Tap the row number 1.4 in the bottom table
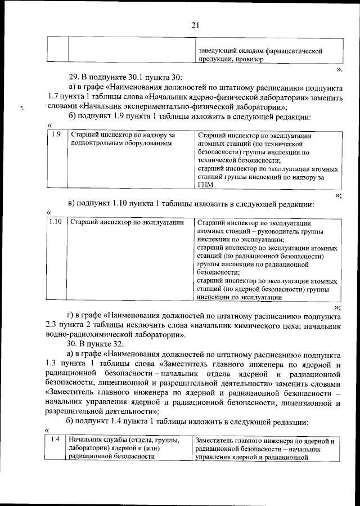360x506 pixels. coord(55,440)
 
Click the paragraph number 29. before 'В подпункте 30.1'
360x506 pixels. coord(73,77)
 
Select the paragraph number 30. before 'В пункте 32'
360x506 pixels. coord(73,343)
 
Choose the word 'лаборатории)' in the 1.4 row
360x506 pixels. coord(91,449)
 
